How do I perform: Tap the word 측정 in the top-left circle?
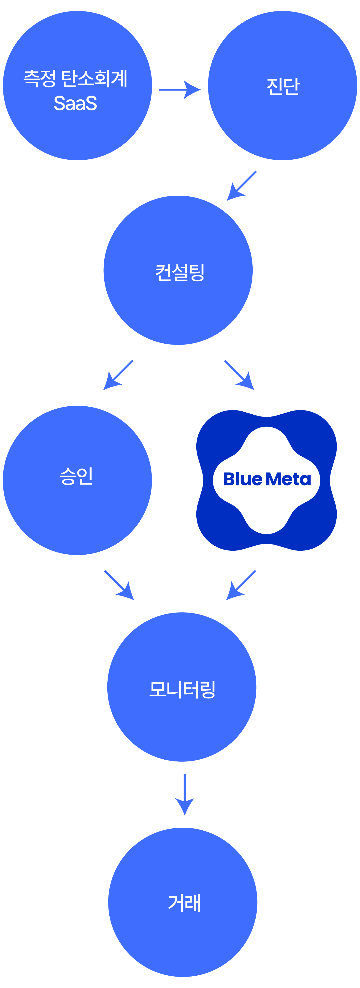pyautogui.click(x=40, y=79)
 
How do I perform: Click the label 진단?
pyautogui.click(x=283, y=87)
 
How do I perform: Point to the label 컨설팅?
pyautogui.click(x=180, y=273)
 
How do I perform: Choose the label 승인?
pyautogui.click(x=76, y=476)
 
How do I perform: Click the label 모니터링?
pyautogui.click(x=182, y=690)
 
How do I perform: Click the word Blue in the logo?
pyautogui.click(x=243, y=479)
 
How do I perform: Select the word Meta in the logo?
pyautogui.click(x=289, y=479)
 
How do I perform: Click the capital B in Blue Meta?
pyautogui.click(x=229, y=479)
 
